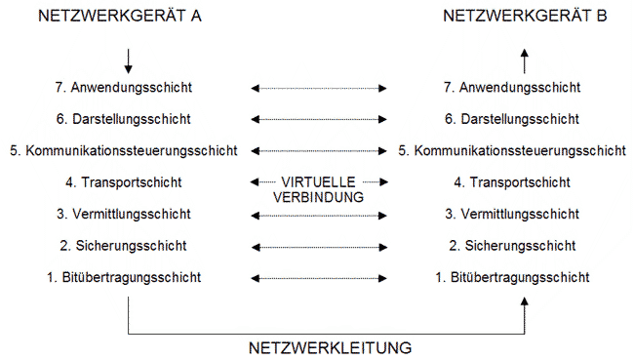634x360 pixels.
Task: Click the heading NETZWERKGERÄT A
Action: point(105,17)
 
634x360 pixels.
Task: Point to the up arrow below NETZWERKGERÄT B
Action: point(525,61)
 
